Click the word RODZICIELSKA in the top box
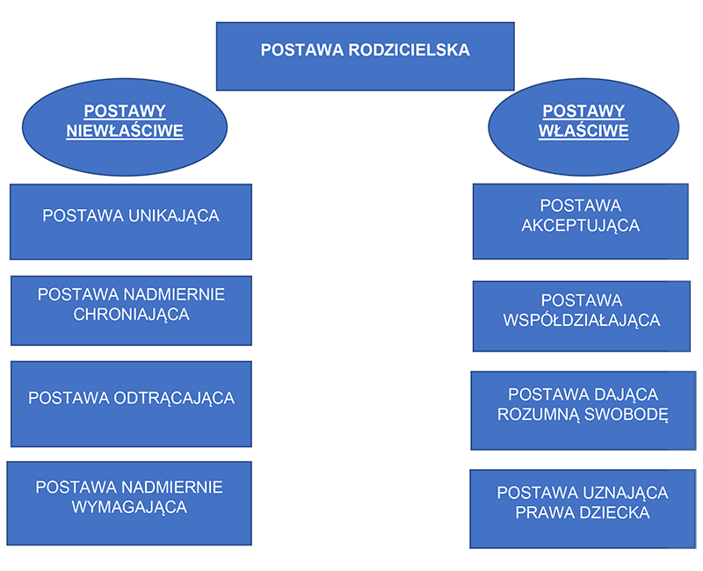pos(409,50)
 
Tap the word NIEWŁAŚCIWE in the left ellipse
pos(125,131)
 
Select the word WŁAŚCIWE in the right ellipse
pos(583,131)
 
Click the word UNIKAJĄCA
pos(174,216)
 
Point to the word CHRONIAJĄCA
pos(131,314)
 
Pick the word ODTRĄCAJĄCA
pos(174,398)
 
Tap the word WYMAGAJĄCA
pos(129,508)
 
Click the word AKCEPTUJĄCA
pos(581,226)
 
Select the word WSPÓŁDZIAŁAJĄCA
pos(582,320)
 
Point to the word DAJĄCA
pos(627,394)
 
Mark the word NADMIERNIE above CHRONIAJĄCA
pos(174,295)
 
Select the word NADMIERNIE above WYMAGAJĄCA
pos(172,488)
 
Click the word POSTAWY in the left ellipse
pos(125,112)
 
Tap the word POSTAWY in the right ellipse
pos(583,112)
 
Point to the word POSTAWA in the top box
pos(302,50)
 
